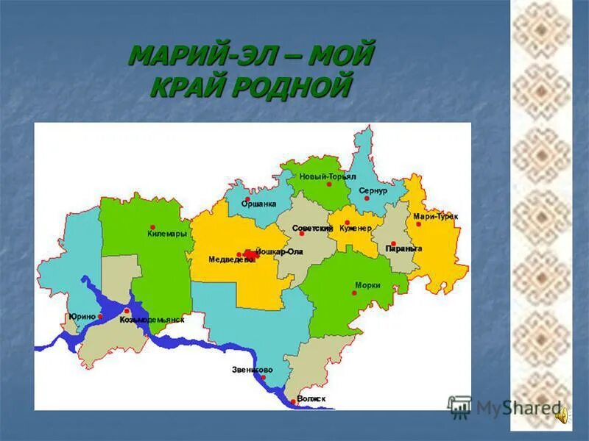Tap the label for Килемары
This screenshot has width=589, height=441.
(166, 234)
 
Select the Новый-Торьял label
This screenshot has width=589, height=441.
(328, 177)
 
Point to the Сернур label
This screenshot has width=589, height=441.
(373, 190)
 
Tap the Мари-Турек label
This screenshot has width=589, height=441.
(435, 216)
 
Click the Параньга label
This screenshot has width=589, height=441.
(403, 249)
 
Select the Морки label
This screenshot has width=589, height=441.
(367, 284)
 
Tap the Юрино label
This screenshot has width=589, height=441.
(82, 316)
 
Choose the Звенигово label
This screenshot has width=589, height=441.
(252, 369)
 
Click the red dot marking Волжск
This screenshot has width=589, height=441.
(293, 401)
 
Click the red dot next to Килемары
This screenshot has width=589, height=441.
(152, 227)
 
